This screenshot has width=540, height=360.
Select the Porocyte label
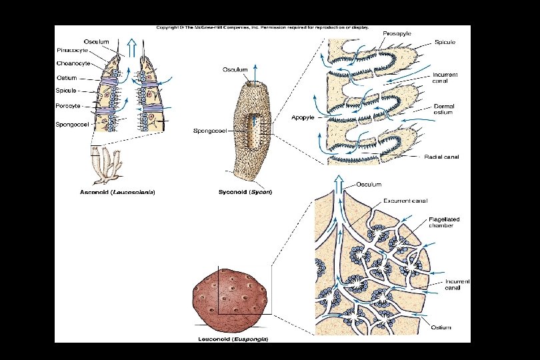coord(68,106)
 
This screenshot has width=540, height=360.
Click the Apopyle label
coord(302,117)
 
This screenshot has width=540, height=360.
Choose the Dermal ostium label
coord(444,109)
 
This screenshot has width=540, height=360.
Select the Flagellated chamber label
coord(444,222)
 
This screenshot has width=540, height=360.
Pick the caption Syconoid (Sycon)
coord(245,192)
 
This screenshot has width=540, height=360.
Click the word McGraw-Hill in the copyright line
coord(203,28)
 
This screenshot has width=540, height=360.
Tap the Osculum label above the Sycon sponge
coord(235,69)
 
